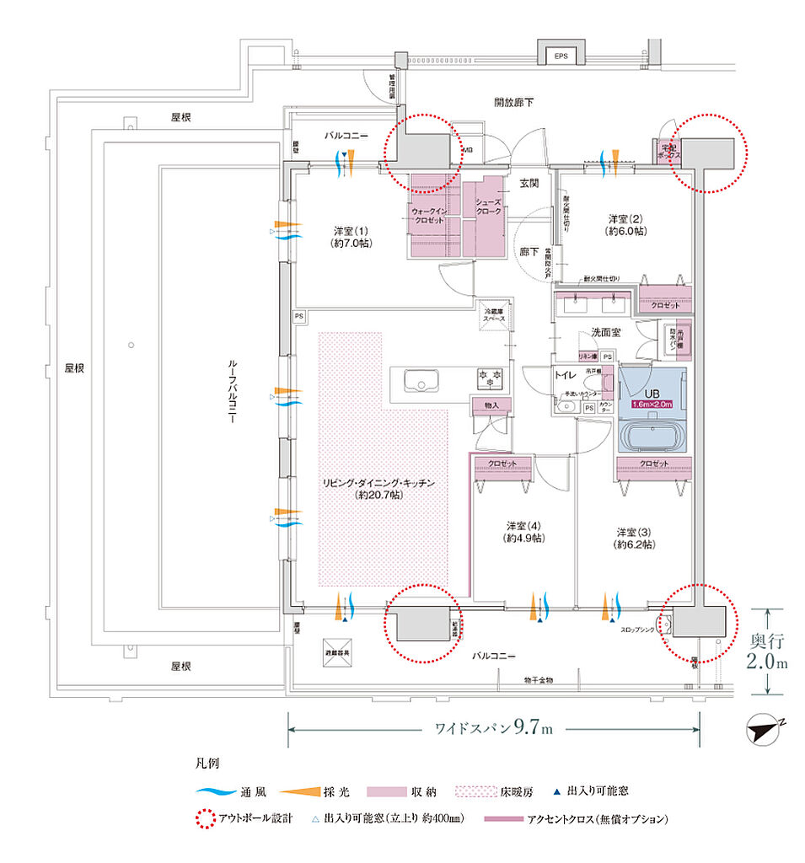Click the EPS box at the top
[x=561, y=56]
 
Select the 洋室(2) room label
[x=627, y=223]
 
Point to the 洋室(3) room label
[x=633, y=538]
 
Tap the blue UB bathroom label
[x=652, y=398]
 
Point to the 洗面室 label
[x=605, y=332]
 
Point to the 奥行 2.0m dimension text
[x=768, y=651]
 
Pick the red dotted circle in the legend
[x=203, y=819]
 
